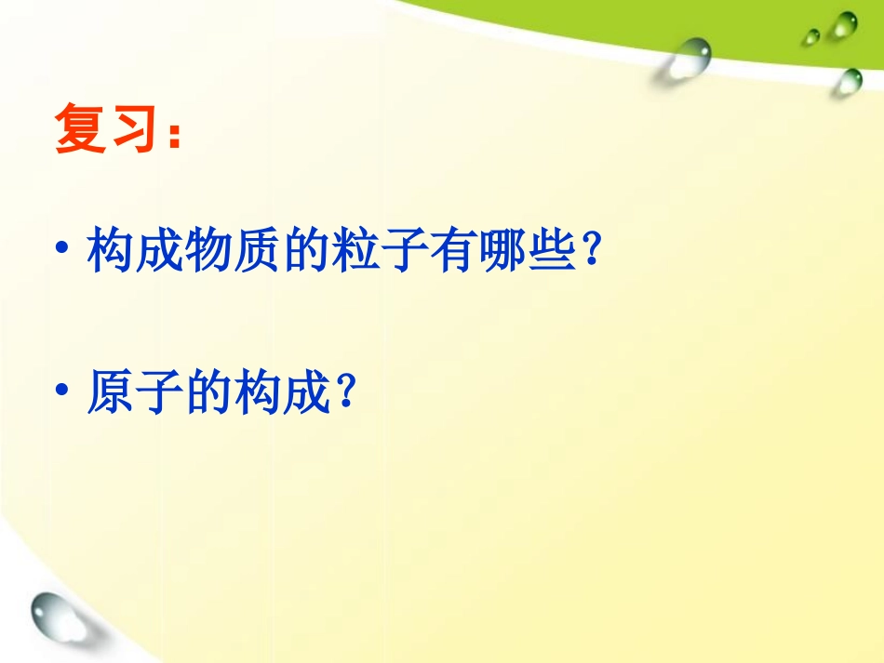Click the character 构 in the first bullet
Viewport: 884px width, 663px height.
tap(110, 250)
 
